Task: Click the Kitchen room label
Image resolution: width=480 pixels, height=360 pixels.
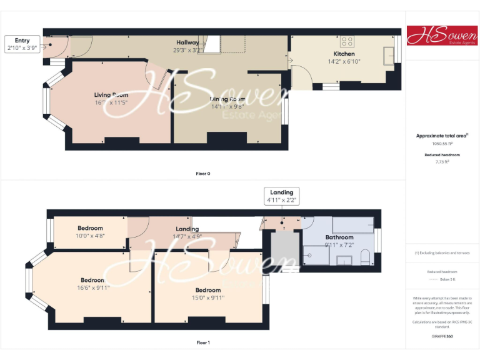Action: [x=344, y=54]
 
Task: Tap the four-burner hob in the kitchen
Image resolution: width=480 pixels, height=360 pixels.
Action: [x=347, y=42]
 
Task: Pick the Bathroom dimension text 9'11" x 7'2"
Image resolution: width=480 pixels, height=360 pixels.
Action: [x=339, y=244]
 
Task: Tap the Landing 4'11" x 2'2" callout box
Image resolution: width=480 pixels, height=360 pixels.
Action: [x=281, y=196]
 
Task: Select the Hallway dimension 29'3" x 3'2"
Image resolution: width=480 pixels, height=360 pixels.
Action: [x=187, y=50]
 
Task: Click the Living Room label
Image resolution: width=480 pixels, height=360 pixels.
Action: [x=111, y=95]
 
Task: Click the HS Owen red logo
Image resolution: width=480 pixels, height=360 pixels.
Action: [x=442, y=36]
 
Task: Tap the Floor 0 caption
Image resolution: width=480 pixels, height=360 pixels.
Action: [x=203, y=173]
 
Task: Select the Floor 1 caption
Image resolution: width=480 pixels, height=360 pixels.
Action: [x=203, y=342]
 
